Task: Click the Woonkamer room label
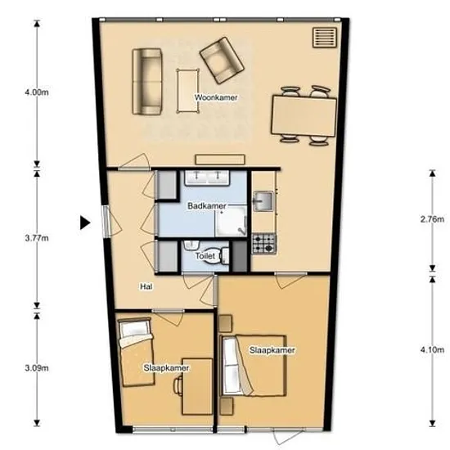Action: point(216,97)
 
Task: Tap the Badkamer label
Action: point(207,205)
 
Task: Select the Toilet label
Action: point(205,256)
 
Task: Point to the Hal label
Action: point(146,286)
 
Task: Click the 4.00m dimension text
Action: point(37,92)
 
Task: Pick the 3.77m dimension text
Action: point(37,238)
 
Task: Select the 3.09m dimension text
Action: point(37,368)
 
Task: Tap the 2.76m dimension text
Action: point(432,219)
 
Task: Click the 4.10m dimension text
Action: point(432,350)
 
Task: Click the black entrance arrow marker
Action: point(85,223)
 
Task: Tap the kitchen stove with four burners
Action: point(264,244)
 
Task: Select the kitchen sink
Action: point(263,201)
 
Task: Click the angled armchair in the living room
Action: point(222,61)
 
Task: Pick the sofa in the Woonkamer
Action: point(147,82)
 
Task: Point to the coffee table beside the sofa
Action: point(188,91)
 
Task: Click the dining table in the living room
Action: point(304,116)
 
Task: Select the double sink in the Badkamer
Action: point(207,178)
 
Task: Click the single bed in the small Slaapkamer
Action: point(136,353)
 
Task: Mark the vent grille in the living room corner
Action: point(325,38)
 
